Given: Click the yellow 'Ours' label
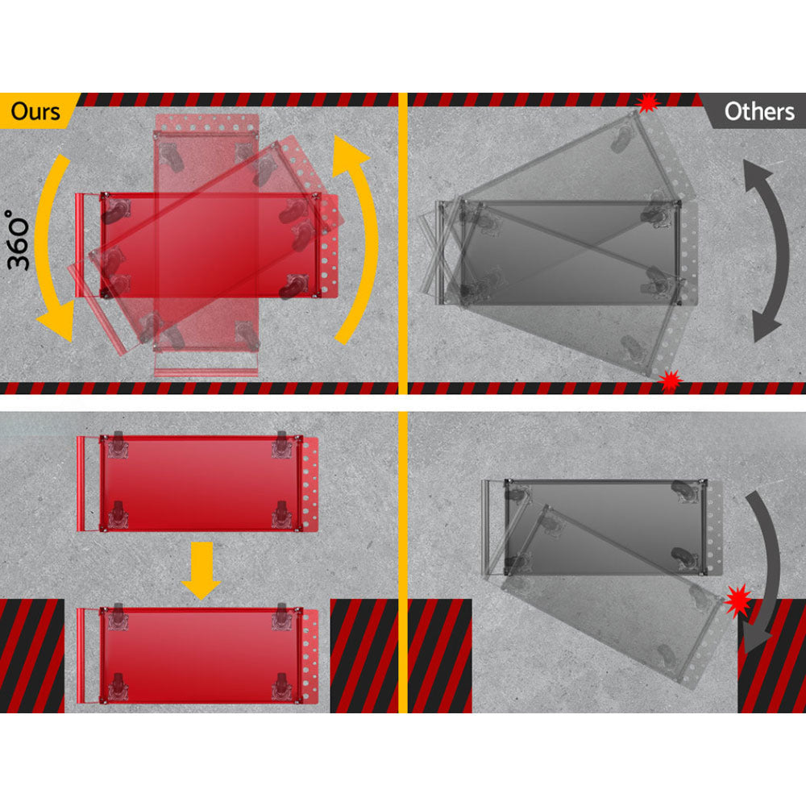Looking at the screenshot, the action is pyautogui.click(x=35, y=111).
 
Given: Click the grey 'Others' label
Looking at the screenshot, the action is pyautogui.click(x=758, y=111).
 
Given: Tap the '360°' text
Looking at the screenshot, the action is pyautogui.click(x=19, y=239).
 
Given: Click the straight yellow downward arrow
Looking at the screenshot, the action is pyautogui.click(x=201, y=571).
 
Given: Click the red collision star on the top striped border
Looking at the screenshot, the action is pyautogui.click(x=648, y=103).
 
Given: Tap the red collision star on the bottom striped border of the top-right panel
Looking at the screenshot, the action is pyautogui.click(x=671, y=381).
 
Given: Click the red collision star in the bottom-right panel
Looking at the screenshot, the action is pyautogui.click(x=738, y=600).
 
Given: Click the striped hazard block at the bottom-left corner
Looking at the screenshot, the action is pyautogui.click(x=32, y=656).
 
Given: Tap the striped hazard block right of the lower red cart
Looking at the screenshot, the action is pyautogui.click(x=364, y=656).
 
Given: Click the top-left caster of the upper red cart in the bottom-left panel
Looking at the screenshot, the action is pyautogui.click(x=118, y=445).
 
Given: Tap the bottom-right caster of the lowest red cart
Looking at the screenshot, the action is pyautogui.click(x=281, y=687).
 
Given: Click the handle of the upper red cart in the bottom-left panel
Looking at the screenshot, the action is pyautogui.click(x=81, y=484).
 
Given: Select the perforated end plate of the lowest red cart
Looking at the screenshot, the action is pyautogui.click(x=310, y=656).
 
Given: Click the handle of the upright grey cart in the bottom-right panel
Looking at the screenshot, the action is pyautogui.click(x=487, y=527).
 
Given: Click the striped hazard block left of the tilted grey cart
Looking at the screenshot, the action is pyautogui.click(x=439, y=656).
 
